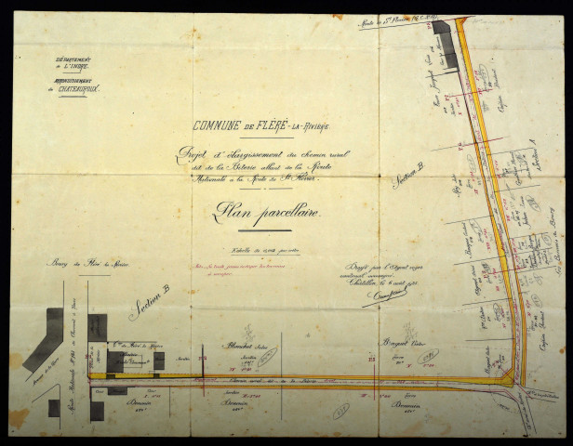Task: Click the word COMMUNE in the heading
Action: pos(217,127)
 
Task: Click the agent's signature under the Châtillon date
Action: pos(371,295)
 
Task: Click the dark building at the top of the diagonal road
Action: pos(446,44)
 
